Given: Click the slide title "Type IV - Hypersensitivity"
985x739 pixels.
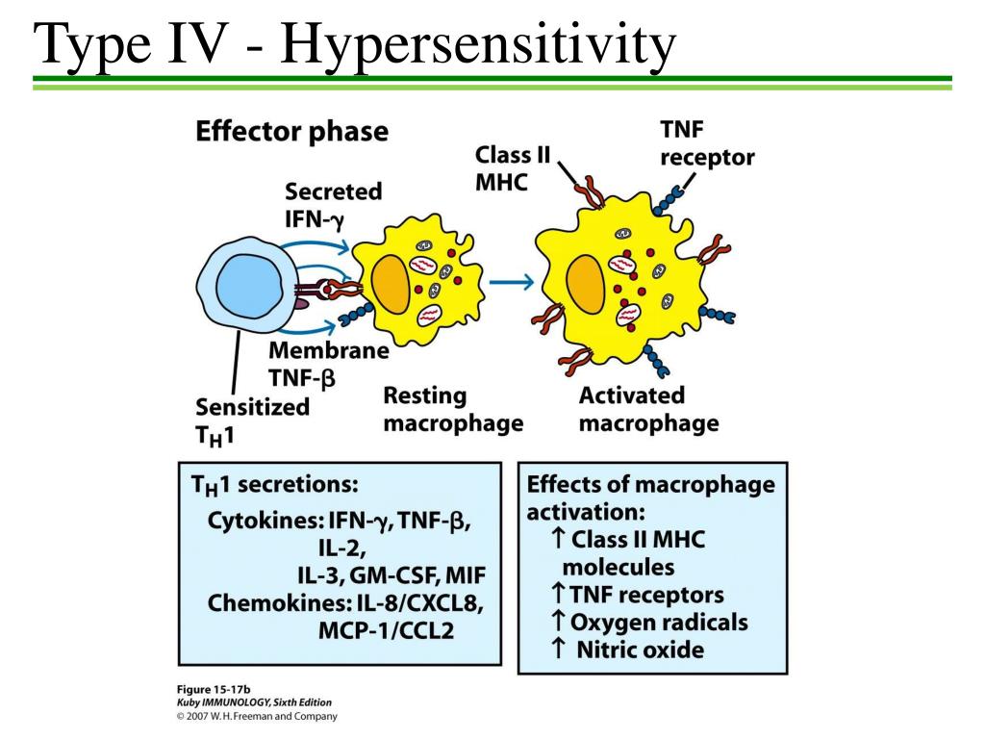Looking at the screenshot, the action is pyautogui.click(x=354, y=45).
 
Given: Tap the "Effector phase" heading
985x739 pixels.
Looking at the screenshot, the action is pyautogui.click(x=292, y=132).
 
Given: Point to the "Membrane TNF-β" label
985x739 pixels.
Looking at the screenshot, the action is pyautogui.click(x=329, y=365).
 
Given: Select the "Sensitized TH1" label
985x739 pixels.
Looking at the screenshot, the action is pyautogui.click(x=252, y=421).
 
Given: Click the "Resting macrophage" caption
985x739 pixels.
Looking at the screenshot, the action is pyautogui.click(x=453, y=410).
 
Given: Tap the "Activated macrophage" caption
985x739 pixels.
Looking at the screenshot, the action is pyautogui.click(x=649, y=410).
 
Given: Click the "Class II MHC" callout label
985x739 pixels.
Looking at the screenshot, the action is pyautogui.click(x=513, y=167).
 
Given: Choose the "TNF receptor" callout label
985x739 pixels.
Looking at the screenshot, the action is pyautogui.click(x=707, y=143).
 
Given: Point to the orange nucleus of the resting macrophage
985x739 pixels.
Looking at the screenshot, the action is pyautogui.click(x=391, y=284).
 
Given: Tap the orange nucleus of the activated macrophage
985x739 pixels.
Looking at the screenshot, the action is pyautogui.click(x=586, y=284).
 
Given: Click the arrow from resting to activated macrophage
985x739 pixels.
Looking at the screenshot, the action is pyautogui.click(x=512, y=282).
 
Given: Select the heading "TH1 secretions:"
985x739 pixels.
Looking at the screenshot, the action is pyautogui.click(x=274, y=486).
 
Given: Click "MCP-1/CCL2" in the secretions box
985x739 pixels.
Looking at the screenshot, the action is pyautogui.click(x=386, y=630).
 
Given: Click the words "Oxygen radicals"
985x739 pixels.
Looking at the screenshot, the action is pyautogui.click(x=659, y=623).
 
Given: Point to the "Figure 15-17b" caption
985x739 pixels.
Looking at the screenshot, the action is pyautogui.click(x=214, y=689).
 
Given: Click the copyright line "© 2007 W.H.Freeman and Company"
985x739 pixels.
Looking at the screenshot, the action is pyautogui.click(x=257, y=716).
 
